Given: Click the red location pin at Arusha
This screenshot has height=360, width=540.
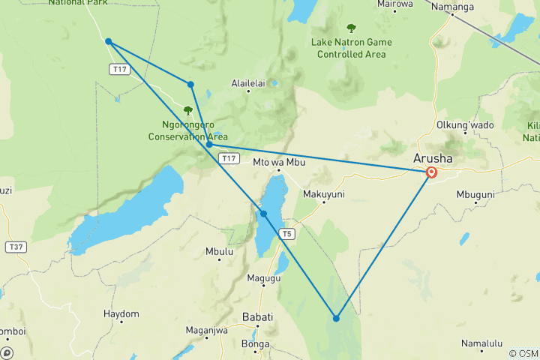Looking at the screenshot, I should [x=432, y=172].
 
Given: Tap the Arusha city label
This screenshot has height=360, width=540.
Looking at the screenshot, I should [x=433, y=158].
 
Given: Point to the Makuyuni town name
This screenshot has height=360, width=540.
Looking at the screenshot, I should [x=324, y=193].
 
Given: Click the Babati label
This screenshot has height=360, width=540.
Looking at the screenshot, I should [x=258, y=316].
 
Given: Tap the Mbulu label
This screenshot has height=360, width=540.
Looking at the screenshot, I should [x=219, y=251].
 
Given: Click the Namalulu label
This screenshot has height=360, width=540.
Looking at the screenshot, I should [x=482, y=343].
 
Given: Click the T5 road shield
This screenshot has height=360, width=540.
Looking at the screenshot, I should [x=286, y=234].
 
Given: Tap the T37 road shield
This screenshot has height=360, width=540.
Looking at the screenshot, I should [x=15, y=246].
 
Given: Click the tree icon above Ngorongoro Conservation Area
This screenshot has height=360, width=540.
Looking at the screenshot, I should [x=187, y=110].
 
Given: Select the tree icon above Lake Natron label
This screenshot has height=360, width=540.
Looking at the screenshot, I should [x=351, y=28].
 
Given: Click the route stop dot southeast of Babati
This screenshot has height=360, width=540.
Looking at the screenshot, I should [x=336, y=318].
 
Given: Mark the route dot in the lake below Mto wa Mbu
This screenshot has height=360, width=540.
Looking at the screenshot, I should [x=264, y=214].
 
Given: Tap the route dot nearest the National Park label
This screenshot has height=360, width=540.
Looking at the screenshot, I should [x=109, y=41].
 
